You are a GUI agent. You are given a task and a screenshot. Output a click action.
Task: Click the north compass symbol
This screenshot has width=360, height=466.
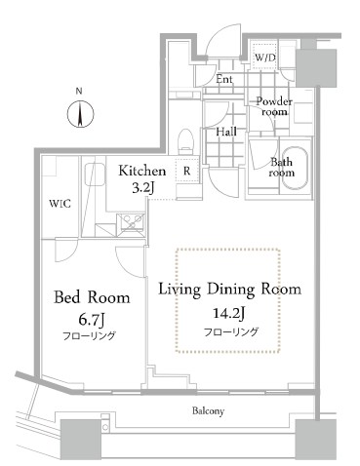tap(80, 114)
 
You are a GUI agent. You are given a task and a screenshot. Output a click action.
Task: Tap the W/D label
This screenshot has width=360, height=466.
tap(265, 58)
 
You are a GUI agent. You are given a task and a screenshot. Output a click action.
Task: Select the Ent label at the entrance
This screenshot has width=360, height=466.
tap(224, 79)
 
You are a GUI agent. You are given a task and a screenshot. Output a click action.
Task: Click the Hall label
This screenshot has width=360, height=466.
tap(226, 132)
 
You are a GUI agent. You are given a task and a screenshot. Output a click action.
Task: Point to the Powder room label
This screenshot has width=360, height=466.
tap(274, 106)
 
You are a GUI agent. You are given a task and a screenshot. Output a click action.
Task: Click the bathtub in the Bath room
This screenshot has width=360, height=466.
tap(295, 168)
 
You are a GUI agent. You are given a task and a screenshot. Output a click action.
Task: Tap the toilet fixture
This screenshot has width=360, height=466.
tap(186, 141)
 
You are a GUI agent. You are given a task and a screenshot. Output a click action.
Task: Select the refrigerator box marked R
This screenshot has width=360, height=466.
tap(187, 170)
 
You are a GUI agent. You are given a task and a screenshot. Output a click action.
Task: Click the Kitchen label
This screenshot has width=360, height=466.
tap(141, 171)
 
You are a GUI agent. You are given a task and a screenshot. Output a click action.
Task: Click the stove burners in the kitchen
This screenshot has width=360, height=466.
tap(131, 222)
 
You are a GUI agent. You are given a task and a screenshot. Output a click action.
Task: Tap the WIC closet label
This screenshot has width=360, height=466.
tap(60, 204)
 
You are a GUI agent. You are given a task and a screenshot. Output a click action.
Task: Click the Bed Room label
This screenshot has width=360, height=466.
tap(92, 297)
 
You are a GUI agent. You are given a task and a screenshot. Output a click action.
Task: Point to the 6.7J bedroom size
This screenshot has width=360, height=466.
tap(92, 321)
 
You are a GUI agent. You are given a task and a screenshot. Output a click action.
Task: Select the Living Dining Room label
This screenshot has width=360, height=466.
tap(229, 289)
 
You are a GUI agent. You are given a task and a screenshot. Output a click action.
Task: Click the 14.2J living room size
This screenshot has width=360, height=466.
tap(228, 313)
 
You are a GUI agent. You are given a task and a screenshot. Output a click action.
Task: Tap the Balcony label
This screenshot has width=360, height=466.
tap(208, 411)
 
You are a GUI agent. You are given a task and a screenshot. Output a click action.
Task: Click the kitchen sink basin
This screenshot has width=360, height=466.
tap(95, 175)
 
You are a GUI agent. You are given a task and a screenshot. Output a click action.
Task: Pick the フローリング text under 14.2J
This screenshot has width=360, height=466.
tap(231, 331)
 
